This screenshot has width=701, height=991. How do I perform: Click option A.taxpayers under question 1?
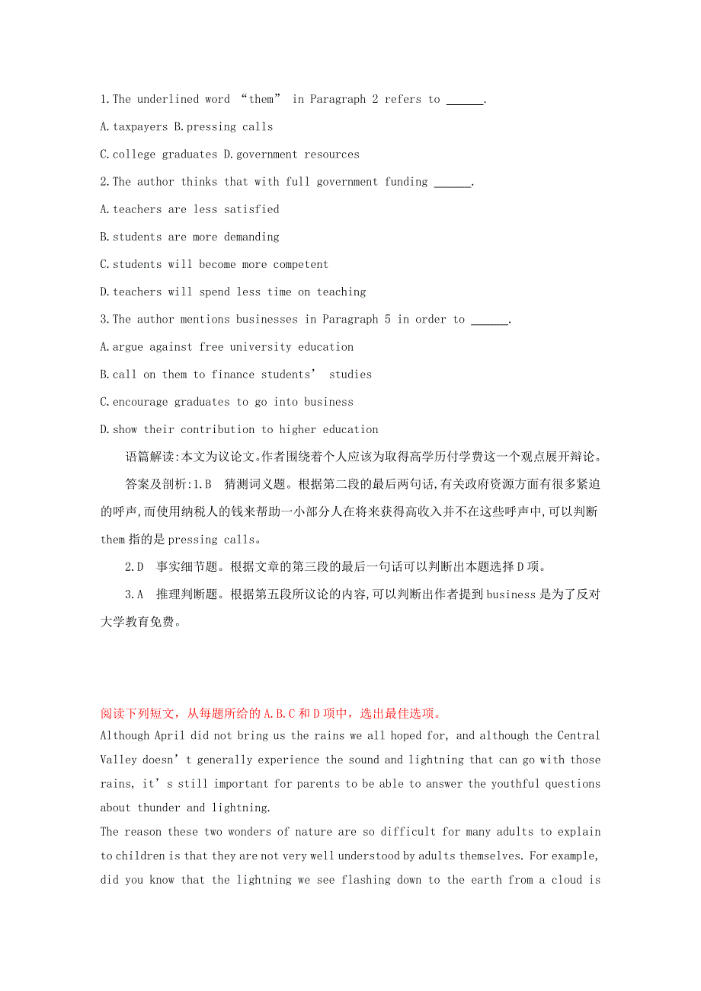(134, 127)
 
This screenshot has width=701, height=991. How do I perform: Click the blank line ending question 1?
(464, 100)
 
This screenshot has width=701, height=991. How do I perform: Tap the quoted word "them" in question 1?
(261, 100)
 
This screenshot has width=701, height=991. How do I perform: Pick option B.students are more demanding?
(190, 237)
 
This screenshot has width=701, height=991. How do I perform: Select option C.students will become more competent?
(214, 264)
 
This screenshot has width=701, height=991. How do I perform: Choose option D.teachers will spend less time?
(233, 292)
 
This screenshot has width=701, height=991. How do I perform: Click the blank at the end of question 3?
(489, 320)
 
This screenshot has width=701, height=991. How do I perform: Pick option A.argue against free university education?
(227, 347)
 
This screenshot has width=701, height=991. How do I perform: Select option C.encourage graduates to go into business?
(227, 402)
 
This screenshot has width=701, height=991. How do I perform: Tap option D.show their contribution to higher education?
(239, 429)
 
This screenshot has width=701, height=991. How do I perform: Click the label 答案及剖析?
(152, 485)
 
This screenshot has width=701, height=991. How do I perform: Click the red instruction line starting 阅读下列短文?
(271, 714)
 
